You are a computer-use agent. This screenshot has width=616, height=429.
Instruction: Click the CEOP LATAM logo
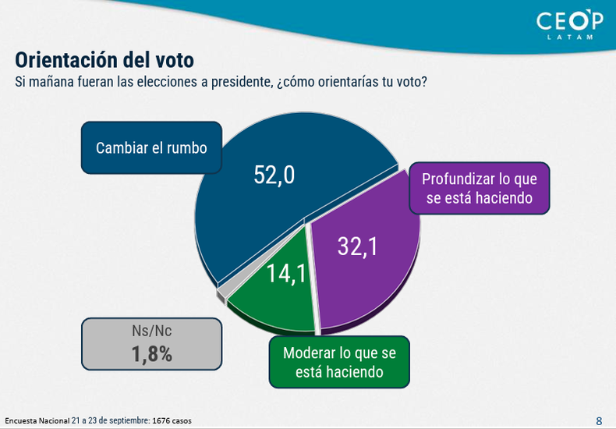click(x=570, y=25)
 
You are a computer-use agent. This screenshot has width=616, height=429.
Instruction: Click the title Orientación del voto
click(x=104, y=60)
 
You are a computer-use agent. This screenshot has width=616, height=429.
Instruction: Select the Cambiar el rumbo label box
click(x=151, y=147)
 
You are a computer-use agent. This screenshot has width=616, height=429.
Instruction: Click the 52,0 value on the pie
click(x=274, y=175)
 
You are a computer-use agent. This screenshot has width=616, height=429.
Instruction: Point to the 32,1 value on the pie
click(x=357, y=246)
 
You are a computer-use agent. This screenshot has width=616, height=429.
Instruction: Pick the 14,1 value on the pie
click(x=286, y=274)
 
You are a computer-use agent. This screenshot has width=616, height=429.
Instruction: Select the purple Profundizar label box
click(x=480, y=188)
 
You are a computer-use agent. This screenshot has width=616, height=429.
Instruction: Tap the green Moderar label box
click(x=339, y=362)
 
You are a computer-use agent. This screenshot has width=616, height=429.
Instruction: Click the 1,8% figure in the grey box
click(x=151, y=354)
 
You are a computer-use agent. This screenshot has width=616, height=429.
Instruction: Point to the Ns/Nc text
click(x=151, y=331)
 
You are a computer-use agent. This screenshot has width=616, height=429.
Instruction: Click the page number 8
click(x=599, y=420)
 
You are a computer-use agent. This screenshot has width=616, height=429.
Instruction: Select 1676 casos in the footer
click(x=172, y=420)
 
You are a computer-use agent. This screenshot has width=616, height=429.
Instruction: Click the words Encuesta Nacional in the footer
click(x=37, y=420)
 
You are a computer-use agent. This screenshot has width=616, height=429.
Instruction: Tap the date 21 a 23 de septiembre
click(x=111, y=420)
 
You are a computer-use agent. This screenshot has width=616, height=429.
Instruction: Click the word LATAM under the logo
click(x=570, y=37)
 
